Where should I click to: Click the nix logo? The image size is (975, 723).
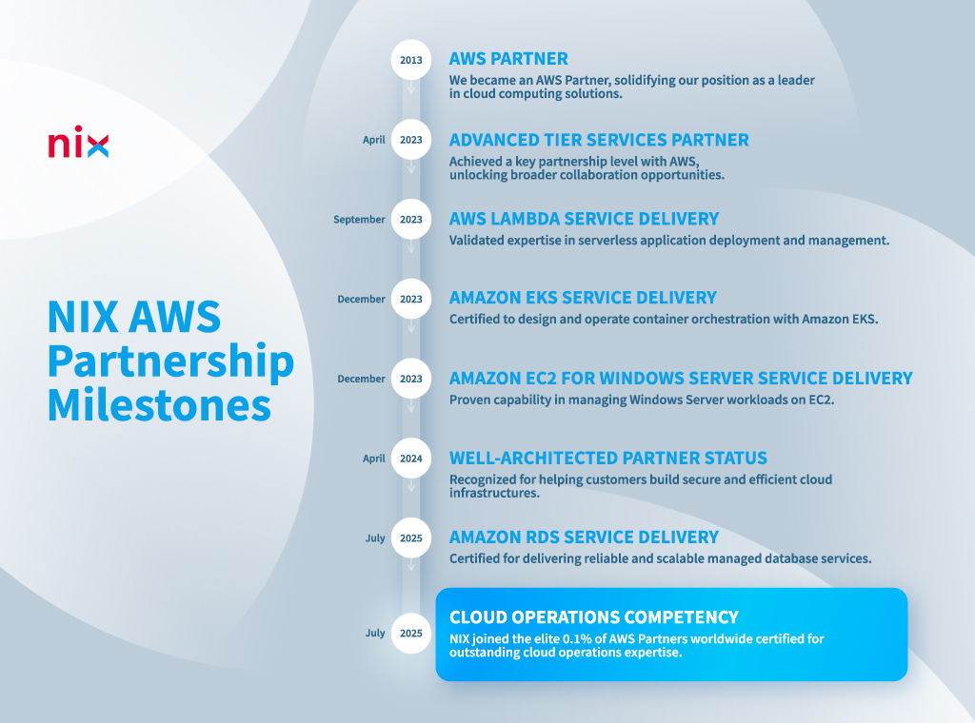(x=78, y=142)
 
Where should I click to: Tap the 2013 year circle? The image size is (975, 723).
(x=411, y=60)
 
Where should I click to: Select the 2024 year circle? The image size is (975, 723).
(x=411, y=459)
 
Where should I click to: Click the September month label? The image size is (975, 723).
(x=359, y=220)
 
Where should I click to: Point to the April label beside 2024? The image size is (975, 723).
(x=373, y=459)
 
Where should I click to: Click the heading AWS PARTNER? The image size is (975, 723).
(x=508, y=58)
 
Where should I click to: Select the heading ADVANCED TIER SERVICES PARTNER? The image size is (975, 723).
(x=599, y=140)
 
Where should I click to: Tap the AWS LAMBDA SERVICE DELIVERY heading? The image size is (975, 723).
(x=584, y=219)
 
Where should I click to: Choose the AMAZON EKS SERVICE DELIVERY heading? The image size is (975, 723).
(x=583, y=298)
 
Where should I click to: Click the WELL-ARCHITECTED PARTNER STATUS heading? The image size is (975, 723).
(x=608, y=458)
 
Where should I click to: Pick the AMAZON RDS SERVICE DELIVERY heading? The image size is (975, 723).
(x=584, y=537)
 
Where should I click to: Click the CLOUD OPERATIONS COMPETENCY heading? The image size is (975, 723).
(x=594, y=616)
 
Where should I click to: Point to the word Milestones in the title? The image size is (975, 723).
(x=159, y=405)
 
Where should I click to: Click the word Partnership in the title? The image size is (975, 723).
(x=171, y=361)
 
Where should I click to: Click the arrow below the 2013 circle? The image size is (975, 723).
(x=411, y=88)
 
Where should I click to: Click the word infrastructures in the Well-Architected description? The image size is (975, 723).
(x=494, y=493)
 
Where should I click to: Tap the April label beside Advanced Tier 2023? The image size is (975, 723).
(x=373, y=140)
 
